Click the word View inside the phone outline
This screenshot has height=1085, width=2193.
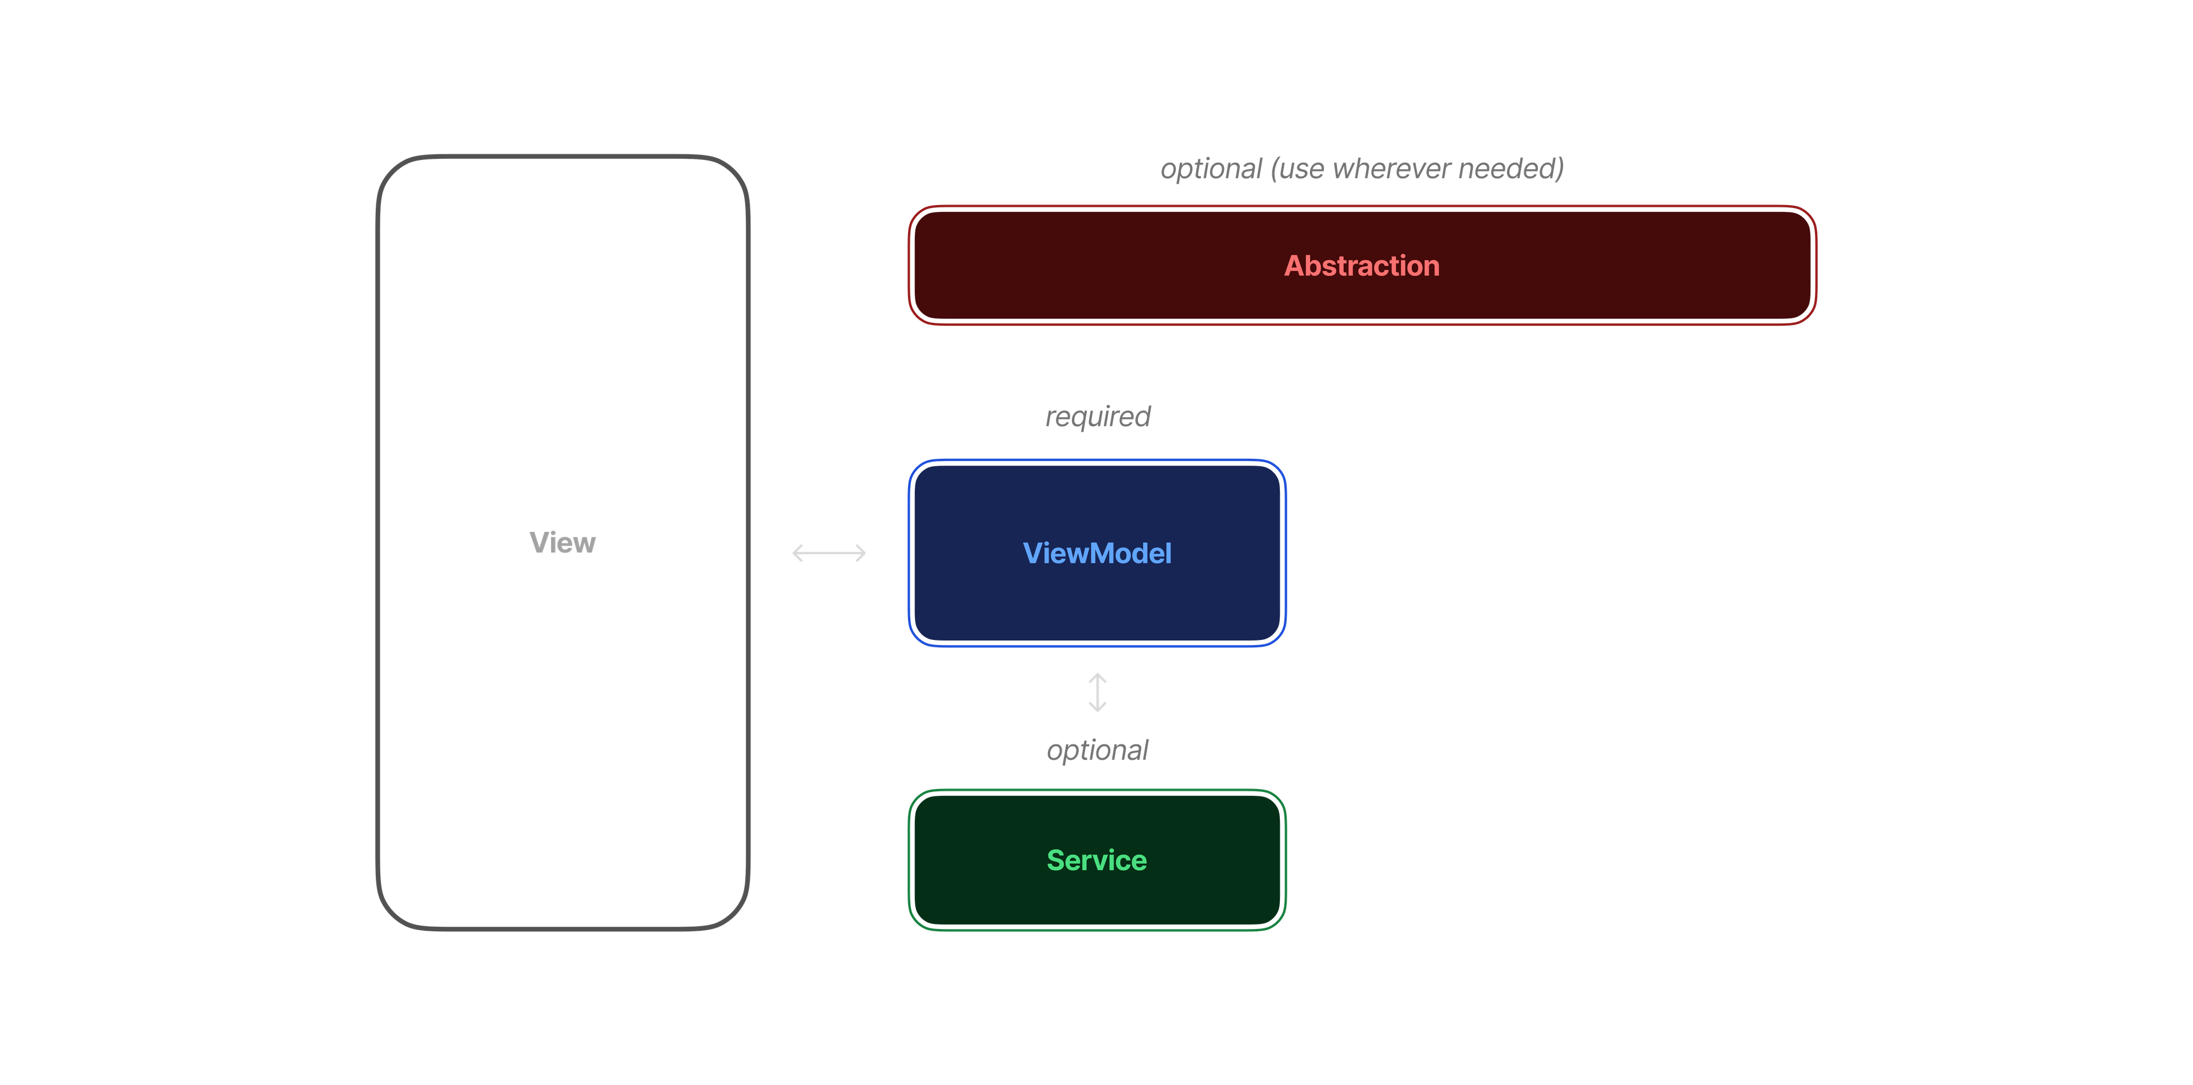[562, 543]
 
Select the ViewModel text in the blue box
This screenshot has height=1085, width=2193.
[1096, 554]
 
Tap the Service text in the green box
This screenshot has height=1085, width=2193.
[1096, 860]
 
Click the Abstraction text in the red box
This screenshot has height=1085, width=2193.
[1361, 266]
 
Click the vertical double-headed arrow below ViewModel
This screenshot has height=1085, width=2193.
[1097, 692]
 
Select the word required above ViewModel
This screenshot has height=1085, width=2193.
[1097, 417]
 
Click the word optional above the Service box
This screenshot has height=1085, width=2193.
[1097, 750]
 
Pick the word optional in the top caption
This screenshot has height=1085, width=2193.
[1211, 169]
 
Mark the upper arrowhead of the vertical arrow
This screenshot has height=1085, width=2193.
[1097, 676]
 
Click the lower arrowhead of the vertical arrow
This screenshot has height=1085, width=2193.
[1097, 708]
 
